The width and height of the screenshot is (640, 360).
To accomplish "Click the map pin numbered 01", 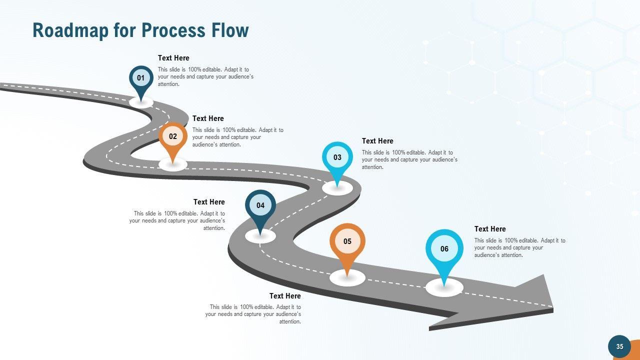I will (x=141, y=78).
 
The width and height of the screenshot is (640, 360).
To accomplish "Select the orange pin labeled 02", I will (x=173, y=136).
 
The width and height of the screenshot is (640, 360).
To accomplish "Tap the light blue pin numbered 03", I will (x=337, y=157).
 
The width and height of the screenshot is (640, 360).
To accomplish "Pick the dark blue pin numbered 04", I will (x=260, y=205).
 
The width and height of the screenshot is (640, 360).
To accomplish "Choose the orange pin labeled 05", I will (x=347, y=241).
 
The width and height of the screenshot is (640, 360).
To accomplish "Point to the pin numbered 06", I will (x=444, y=249).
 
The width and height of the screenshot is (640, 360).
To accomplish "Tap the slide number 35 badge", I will (x=619, y=346).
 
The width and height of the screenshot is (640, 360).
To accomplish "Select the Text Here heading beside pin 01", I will (x=173, y=58).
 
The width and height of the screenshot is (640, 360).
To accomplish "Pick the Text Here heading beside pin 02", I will (x=208, y=118).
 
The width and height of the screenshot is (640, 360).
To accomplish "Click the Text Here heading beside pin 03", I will (x=377, y=141).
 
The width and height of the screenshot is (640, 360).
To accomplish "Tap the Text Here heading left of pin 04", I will (x=209, y=202).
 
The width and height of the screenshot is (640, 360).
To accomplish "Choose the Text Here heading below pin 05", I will (x=285, y=296).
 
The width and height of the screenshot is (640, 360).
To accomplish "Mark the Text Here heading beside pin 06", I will (x=490, y=229).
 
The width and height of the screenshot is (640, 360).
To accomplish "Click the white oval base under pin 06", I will (x=444, y=288).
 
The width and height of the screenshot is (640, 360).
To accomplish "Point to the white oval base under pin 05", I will (x=347, y=278).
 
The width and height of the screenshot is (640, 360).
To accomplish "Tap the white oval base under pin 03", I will (x=337, y=188).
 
